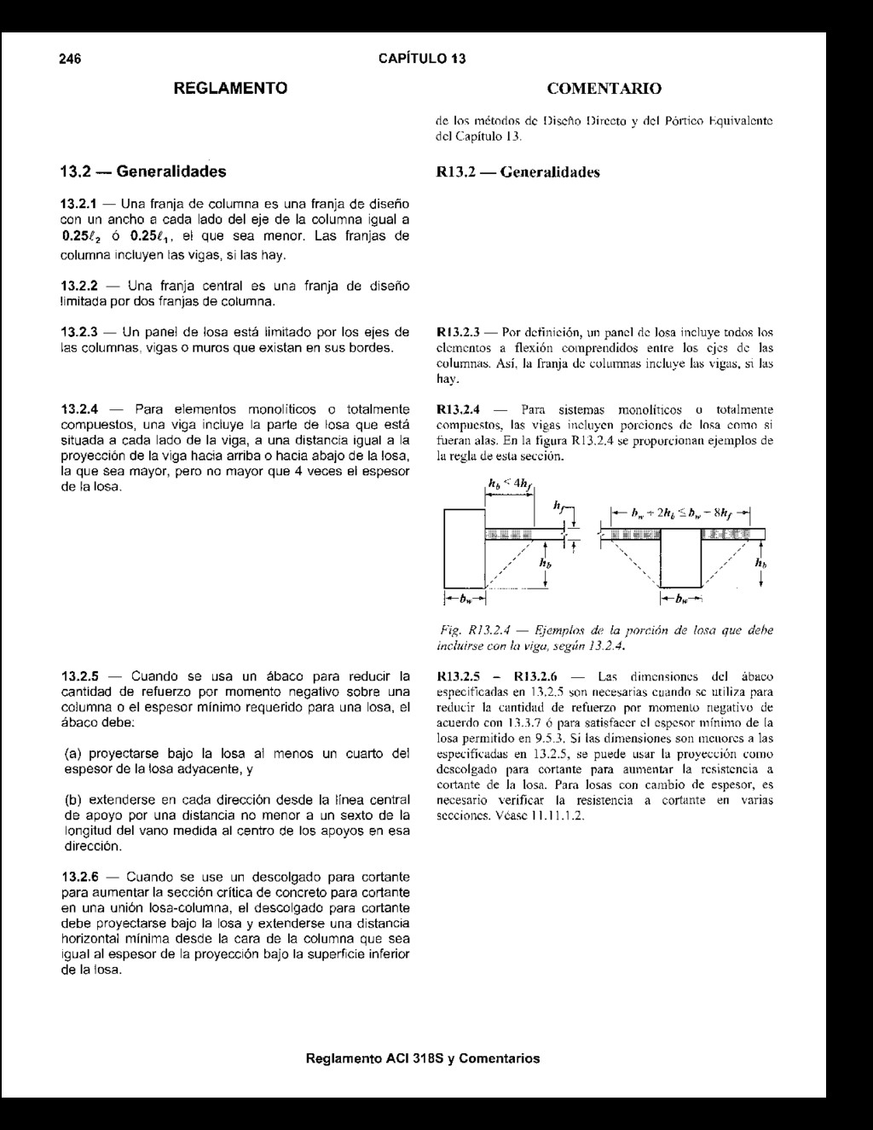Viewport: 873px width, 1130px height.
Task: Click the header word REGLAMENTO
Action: point(230,88)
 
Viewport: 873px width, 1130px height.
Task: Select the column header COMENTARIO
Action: point(604,89)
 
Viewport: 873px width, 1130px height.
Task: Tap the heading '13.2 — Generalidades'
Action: point(143,171)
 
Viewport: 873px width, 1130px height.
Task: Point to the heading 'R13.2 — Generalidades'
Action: point(518,172)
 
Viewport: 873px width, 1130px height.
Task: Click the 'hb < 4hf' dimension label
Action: point(511,489)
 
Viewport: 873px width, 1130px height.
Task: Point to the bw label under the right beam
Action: point(681,599)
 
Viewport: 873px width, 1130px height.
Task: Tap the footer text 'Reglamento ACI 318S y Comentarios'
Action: point(423,1058)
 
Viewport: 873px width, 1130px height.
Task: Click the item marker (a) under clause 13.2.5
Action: point(74,755)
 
